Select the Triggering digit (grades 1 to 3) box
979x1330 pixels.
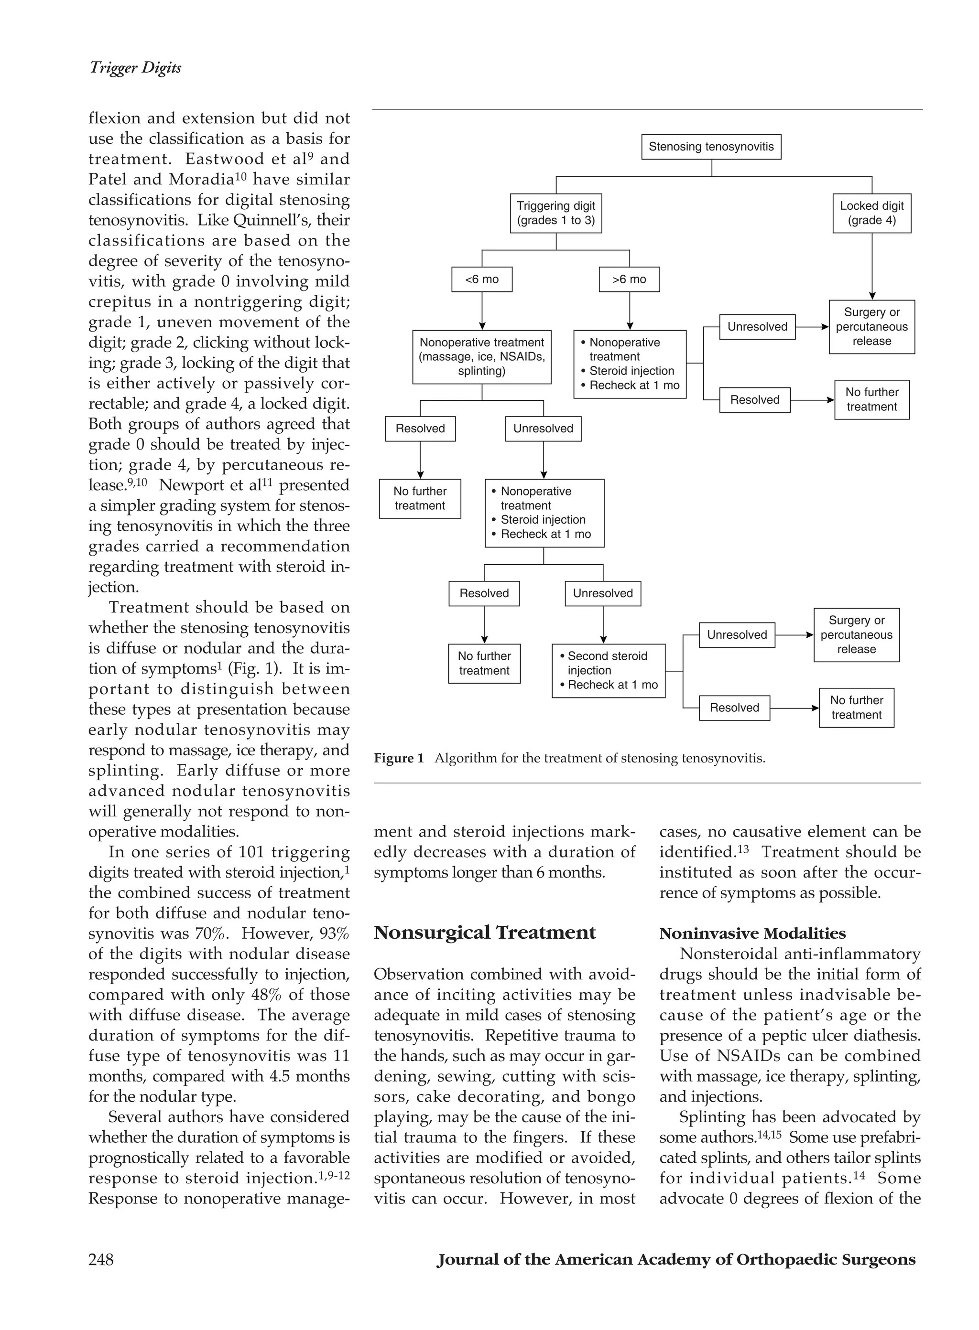555,213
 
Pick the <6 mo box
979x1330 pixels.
481,279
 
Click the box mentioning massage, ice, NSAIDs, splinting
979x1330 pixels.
481,357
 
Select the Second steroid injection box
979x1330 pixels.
608,670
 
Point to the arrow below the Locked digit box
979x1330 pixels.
872,267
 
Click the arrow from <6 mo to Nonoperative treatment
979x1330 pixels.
482,311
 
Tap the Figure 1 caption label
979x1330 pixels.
398,759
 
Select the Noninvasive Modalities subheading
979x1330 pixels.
752,934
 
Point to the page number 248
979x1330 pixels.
101,1259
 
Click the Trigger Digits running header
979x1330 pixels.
135,67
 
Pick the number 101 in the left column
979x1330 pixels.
250,852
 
